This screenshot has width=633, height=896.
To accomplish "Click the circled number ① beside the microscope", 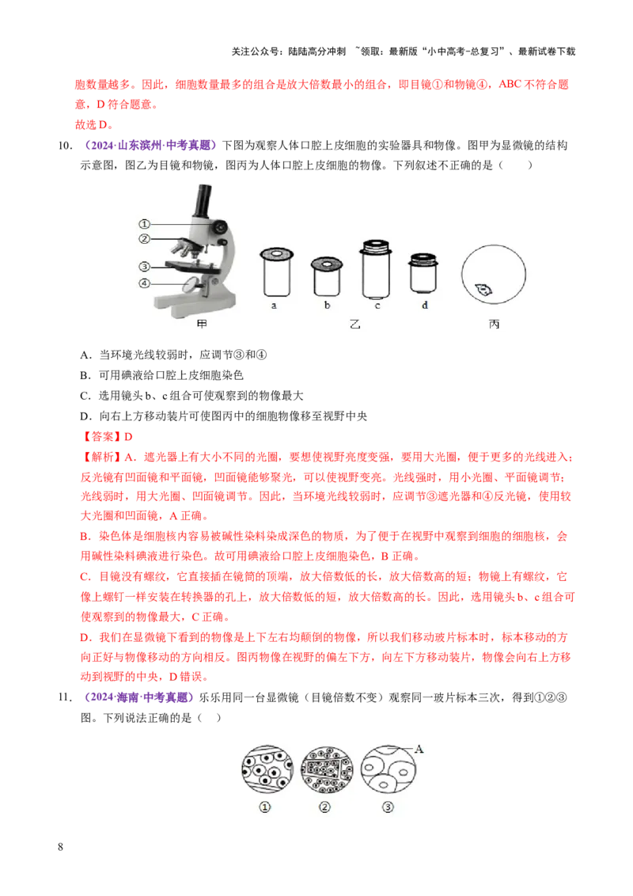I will (144, 224).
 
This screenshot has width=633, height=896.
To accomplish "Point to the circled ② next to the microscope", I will (144, 239).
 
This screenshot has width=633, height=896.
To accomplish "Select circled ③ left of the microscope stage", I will (144, 267).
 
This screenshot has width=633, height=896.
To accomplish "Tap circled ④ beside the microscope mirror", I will (144, 283).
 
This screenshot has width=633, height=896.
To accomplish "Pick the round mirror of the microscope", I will (192, 283).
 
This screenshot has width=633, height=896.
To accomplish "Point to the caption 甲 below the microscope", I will (201, 325).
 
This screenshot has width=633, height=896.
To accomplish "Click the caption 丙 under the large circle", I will (495, 325).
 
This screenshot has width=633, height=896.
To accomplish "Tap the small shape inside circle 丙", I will (483, 290).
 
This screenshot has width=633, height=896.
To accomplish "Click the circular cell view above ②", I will (326, 770).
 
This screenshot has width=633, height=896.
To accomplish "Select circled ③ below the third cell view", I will (387, 807).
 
